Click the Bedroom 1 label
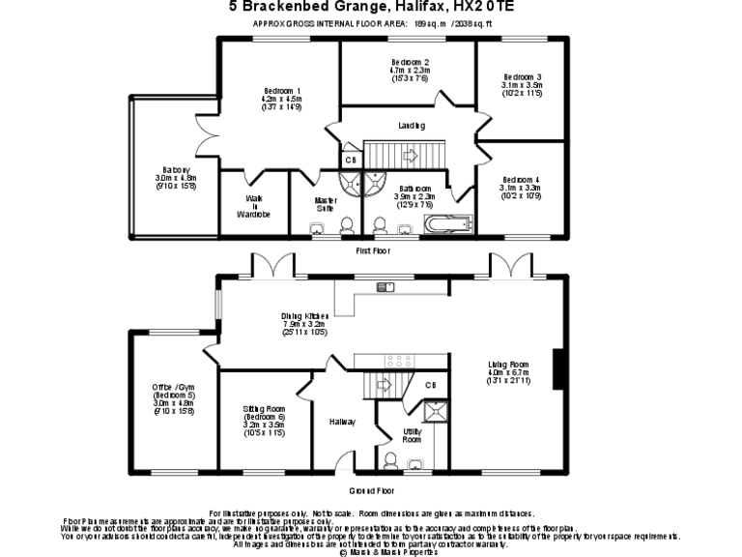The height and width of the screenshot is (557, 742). tap(282, 90)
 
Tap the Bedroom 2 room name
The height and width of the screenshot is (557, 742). tap(410, 62)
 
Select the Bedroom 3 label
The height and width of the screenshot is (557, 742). tap(523, 77)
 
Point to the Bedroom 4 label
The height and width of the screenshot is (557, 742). tap(523, 179)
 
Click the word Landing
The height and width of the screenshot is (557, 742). tap(412, 126)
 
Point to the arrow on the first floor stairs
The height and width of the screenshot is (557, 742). tap(410, 154)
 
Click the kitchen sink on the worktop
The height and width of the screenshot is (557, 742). tap(386, 286)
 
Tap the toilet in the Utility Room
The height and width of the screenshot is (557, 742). tap(391, 458)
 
